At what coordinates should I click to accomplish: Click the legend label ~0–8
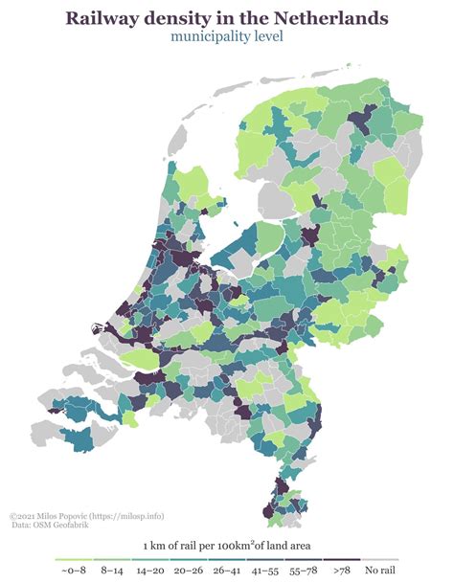tap(74, 571)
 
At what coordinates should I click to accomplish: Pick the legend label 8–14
tap(113, 571)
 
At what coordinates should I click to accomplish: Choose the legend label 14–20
tap(151, 571)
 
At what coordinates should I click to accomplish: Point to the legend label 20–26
tap(189, 571)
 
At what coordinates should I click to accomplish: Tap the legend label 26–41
tap(227, 571)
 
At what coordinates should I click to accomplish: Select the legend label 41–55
tap(265, 571)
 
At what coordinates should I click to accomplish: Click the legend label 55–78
tap(303, 571)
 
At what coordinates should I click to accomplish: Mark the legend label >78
tap(341, 571)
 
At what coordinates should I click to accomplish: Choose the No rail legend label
tap(380, 571)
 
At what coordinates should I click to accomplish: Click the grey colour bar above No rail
tap(380, 560)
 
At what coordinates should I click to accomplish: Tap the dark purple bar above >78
tap(342, 560)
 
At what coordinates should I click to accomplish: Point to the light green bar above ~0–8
tap(75, 560)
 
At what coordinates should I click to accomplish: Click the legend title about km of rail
tap(227, 546)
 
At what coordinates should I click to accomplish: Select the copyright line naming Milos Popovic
tap(73, 515)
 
